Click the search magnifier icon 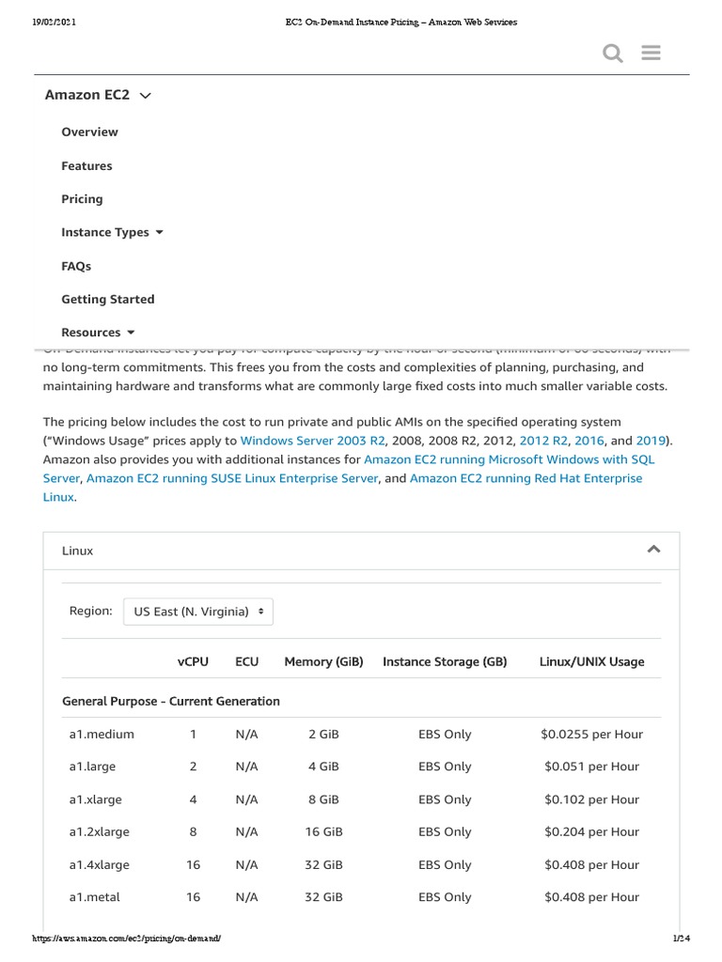[612, 54]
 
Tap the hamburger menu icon [651, 54]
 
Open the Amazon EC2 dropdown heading [98, 95]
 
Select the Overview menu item [89, 132]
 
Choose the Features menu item [86, 166]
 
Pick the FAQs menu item [76, 267]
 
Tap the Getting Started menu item [107, 300]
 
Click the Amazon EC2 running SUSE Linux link [232, 479]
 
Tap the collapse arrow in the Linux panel [653, 550]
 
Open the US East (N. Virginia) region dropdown [198, 612]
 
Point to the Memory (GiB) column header [323, 662]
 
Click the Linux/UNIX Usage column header [591, 662]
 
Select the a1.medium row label [102, 735]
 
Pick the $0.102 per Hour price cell [591, 800]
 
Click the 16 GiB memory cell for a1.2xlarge [323, 832]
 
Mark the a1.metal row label [94, 898]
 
